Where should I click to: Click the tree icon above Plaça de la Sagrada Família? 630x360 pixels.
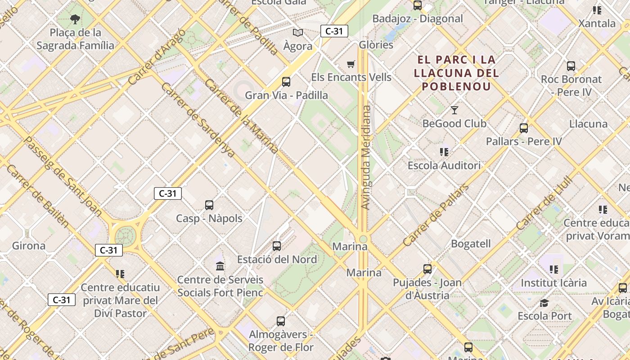click(x=75, y=19)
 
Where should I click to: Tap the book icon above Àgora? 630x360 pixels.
click(x=298, y=32)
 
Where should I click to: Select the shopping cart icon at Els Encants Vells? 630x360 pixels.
click(x=351, y=64)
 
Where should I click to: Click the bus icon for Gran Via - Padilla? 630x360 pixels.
click(x=286, y=82)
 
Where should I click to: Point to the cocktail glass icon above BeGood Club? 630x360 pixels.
click(x=454, y=110)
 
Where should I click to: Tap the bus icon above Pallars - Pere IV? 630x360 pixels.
click(x=524, y=128)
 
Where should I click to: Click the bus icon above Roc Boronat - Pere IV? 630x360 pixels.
click(x=571, y=66)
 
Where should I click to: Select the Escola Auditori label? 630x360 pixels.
click(x=444, y=166)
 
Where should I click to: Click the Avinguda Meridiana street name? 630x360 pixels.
click(x=366, y=157)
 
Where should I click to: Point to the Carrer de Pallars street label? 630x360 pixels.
click(x=435, y=216)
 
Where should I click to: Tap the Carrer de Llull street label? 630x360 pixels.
click(x=545, y=203)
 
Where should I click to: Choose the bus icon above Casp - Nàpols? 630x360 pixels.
click(x=209, y=205)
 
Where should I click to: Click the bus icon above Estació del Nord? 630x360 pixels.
click(x=277, y=246)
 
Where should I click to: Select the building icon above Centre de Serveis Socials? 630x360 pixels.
click(x=220, y=266)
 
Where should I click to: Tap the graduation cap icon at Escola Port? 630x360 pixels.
click(x=544, y=303)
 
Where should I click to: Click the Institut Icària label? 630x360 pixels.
click(x=553, y=283)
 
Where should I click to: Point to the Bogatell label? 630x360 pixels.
click(x=471, y=244)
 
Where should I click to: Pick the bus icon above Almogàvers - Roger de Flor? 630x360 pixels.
click(x=281, y=321)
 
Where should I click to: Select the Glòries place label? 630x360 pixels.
click(x=376, y=45)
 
